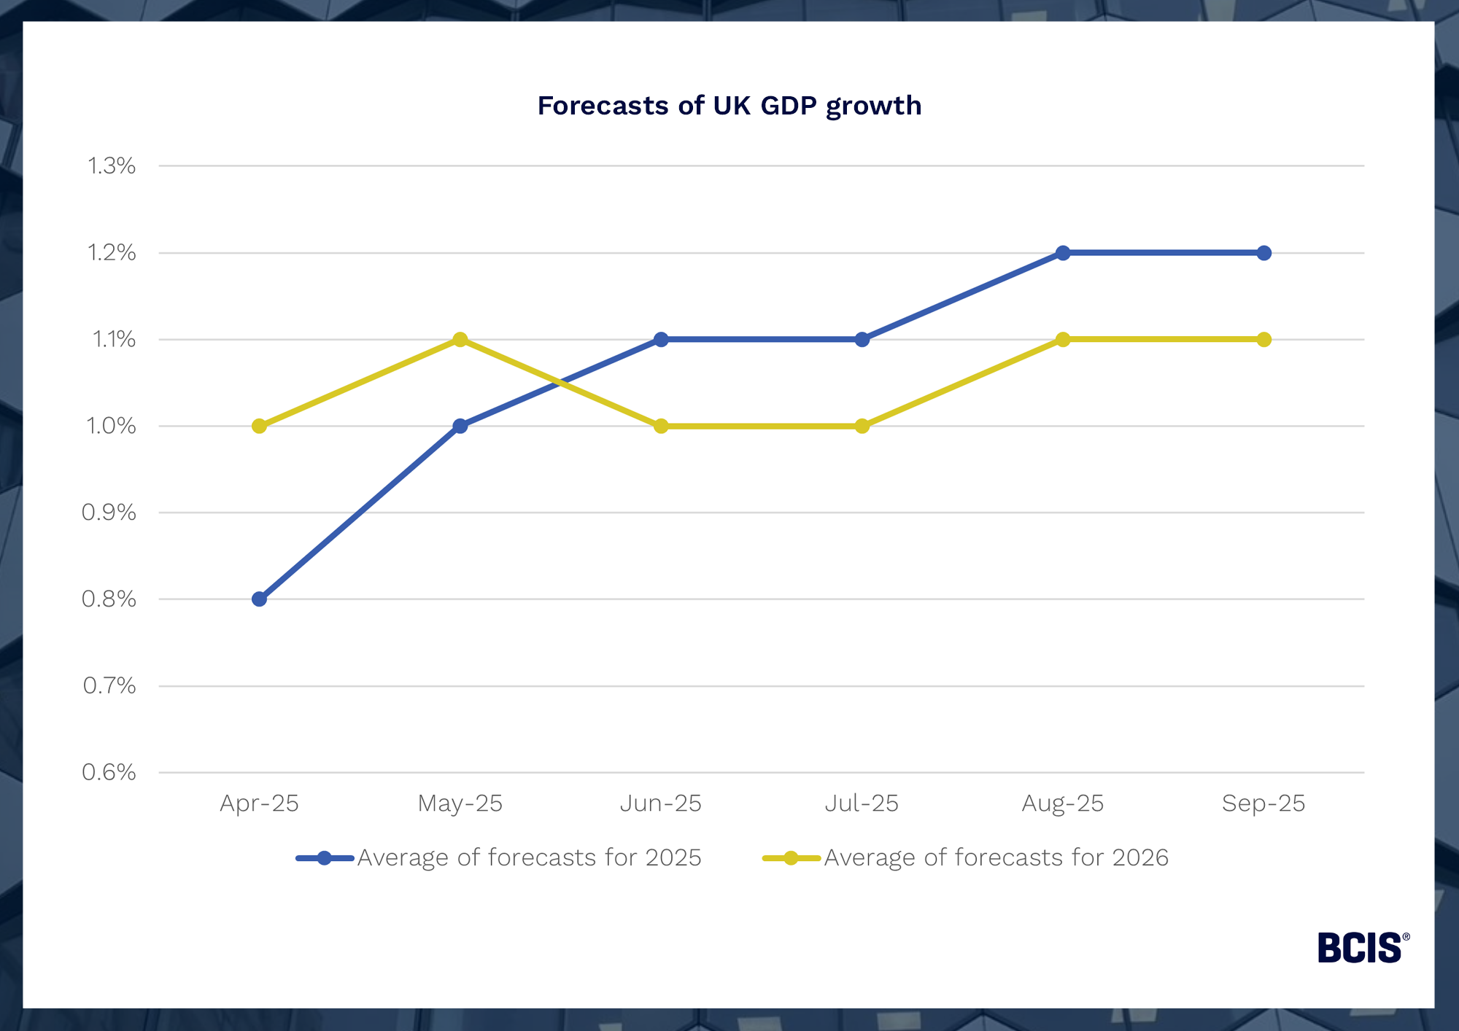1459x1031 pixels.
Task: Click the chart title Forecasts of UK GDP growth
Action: point(729,106)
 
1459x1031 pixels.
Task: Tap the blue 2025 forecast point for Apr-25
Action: point(259,599)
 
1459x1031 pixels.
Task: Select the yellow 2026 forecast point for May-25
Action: point(460,340)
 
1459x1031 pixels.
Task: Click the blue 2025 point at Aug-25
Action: point(1063,253)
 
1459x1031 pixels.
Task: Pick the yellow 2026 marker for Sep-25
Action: point(1264,340)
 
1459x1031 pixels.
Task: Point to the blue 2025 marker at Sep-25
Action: point(1264,253)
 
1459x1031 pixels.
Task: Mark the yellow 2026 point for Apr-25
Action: point(259,426)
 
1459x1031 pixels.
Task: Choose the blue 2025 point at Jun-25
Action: point(661,340)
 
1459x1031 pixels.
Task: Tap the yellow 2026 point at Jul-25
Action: point(862,426)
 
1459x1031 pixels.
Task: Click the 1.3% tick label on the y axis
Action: point(112,166)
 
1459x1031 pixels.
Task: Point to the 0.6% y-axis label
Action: point(109,772)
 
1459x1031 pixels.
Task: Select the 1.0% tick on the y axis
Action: point(111,426)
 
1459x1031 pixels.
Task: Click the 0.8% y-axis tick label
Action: point(109,599)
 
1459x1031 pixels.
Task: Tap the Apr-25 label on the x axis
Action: point(259,804)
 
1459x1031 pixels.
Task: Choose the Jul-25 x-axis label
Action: point(862,804)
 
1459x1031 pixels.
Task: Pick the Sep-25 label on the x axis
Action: point(1263,804)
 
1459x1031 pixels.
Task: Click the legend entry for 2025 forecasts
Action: point(529,857)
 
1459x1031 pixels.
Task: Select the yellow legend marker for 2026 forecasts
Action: point(791,858)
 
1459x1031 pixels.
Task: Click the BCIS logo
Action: point(1361,948)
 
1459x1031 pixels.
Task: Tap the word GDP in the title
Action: point(789,106)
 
